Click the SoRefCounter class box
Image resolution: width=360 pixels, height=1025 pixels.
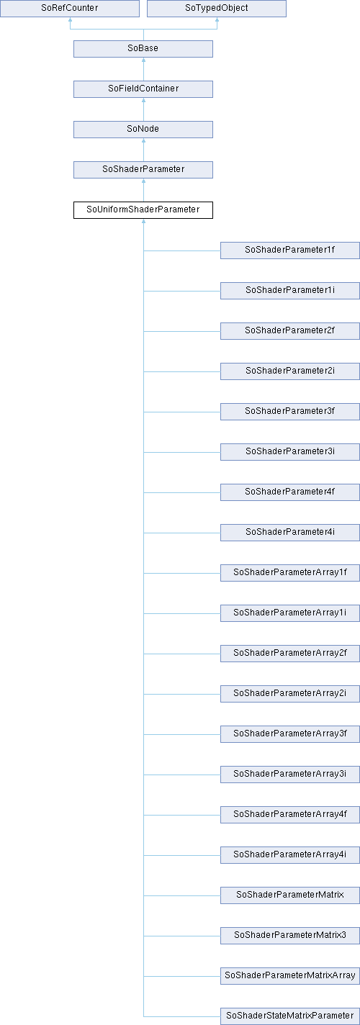coord(70,9)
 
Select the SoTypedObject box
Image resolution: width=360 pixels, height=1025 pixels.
coord(217,9)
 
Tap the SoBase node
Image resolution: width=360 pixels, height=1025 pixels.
coord(143,49)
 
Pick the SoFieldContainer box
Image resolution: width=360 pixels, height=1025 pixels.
coord(143,89)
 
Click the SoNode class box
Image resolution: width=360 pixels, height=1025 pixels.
coord(143,130)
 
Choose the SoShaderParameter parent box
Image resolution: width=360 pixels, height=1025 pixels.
coord(143,170)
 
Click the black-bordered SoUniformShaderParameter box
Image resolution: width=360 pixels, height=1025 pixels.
coord(143,210)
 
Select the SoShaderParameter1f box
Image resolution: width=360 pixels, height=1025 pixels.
coord(290,250)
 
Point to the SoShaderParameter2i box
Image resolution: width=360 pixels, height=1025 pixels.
coord(290,371)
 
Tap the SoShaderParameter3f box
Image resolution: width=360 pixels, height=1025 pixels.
coord(290,412)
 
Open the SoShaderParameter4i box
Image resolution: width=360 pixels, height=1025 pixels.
coord(290,532)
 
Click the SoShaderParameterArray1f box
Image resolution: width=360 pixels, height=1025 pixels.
coord(290,572)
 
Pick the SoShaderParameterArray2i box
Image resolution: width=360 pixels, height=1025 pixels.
coord(290,693)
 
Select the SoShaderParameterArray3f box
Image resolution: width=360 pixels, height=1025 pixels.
coord(290,733)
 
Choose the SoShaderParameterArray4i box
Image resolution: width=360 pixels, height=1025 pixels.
coord(290,854)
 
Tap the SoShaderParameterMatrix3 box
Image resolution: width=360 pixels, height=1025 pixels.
coord(290,935)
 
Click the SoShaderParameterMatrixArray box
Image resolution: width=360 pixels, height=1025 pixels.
coord(290,975)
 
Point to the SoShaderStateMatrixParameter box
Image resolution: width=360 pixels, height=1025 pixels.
coord(290,1016)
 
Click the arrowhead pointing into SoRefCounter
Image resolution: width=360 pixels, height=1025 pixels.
coord(70,19)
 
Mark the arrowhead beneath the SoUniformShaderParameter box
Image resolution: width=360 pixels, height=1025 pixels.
coord(143,221)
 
